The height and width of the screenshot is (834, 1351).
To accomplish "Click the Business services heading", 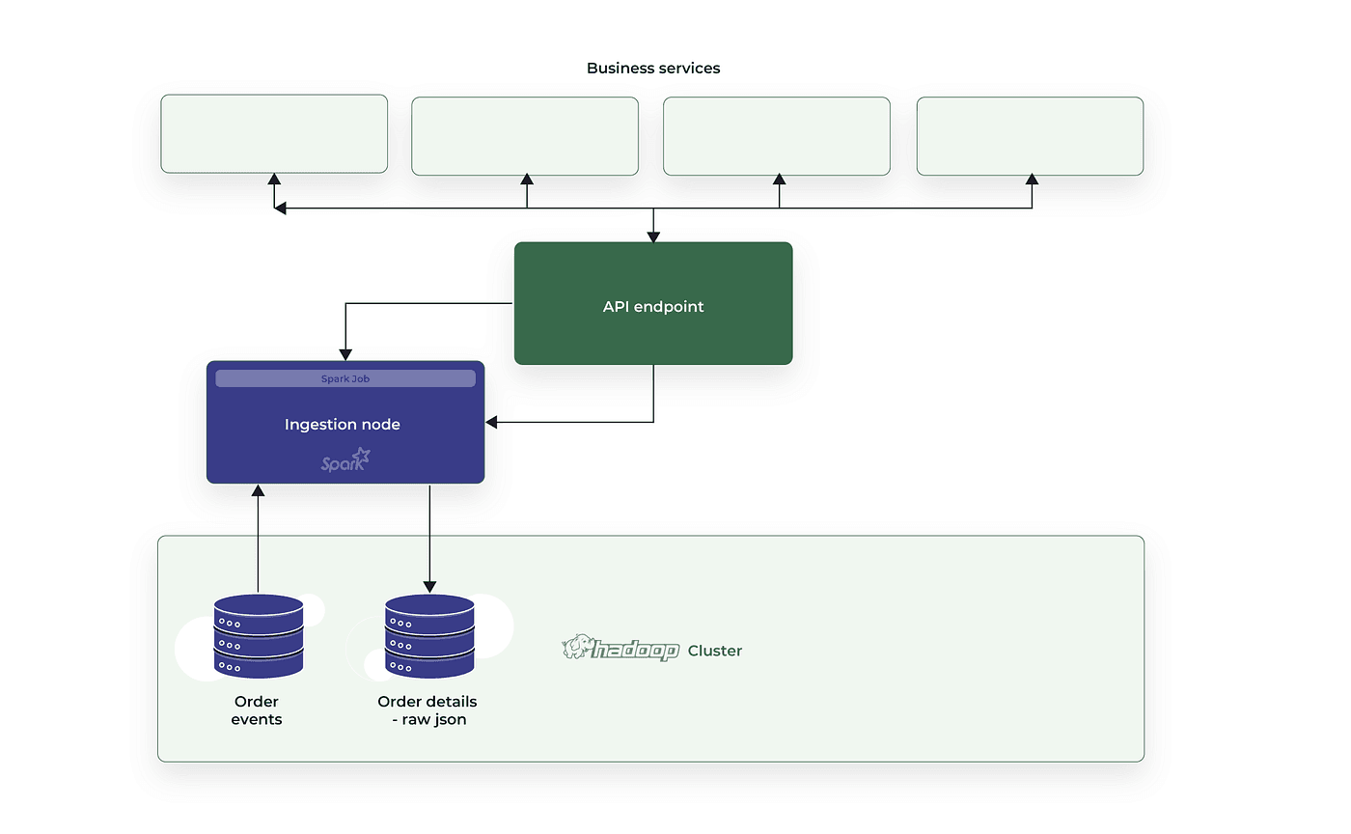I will pyautogui.click(x=653, y=69).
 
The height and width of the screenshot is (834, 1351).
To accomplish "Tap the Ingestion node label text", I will pyautogui.click(x=343, y=425).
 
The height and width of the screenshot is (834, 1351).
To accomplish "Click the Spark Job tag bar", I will pyautogui.click(x=345, y=378).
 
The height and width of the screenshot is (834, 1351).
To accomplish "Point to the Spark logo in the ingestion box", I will pyautogui.click(x=345, y=459).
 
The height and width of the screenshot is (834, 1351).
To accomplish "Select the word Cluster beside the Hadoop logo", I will pyautogui.click(x=715, y=651).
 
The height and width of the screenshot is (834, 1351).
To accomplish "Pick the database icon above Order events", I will pyautogui.click(x=259, y=635).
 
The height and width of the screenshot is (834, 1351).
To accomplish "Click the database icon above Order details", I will pyautogui.click(x=429, y=635).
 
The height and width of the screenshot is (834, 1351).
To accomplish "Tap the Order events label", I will pyautogui.click(x=257, y=710).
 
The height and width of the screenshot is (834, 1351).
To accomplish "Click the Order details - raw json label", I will pyautogui.click(x=427, y=710).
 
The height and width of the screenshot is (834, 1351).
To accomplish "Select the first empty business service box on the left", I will pyautogui.click(x=274, y=133).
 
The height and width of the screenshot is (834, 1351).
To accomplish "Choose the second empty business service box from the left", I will pyautogui.click(x=525, y=136).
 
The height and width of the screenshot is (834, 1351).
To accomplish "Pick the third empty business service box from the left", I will pyautogui.click(x=777, y=136).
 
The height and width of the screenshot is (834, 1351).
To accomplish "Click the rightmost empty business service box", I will pyautogui.click(x=1030, y=136).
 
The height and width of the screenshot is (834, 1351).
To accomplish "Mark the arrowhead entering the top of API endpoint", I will pyautogui.click(x=653, y=236).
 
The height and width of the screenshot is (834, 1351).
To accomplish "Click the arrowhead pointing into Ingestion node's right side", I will pyautogui.click(x=491, y=422).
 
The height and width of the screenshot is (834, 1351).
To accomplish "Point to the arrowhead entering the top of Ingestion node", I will pyautogui.click(x=345, y=355).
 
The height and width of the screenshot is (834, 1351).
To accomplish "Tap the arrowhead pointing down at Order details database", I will pyautogui.click(x=429, y=587).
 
